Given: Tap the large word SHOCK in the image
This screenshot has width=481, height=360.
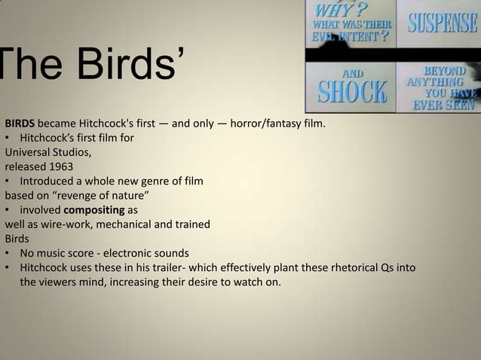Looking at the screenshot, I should tap(351, 93).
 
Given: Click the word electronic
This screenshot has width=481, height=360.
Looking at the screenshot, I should tap(137, 252).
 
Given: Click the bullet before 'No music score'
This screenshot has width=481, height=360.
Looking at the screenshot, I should tap(8, 253).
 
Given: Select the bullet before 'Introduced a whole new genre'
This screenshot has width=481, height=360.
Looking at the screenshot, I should tap(8, 182).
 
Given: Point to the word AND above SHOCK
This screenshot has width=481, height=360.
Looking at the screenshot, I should tap(352, 73).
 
